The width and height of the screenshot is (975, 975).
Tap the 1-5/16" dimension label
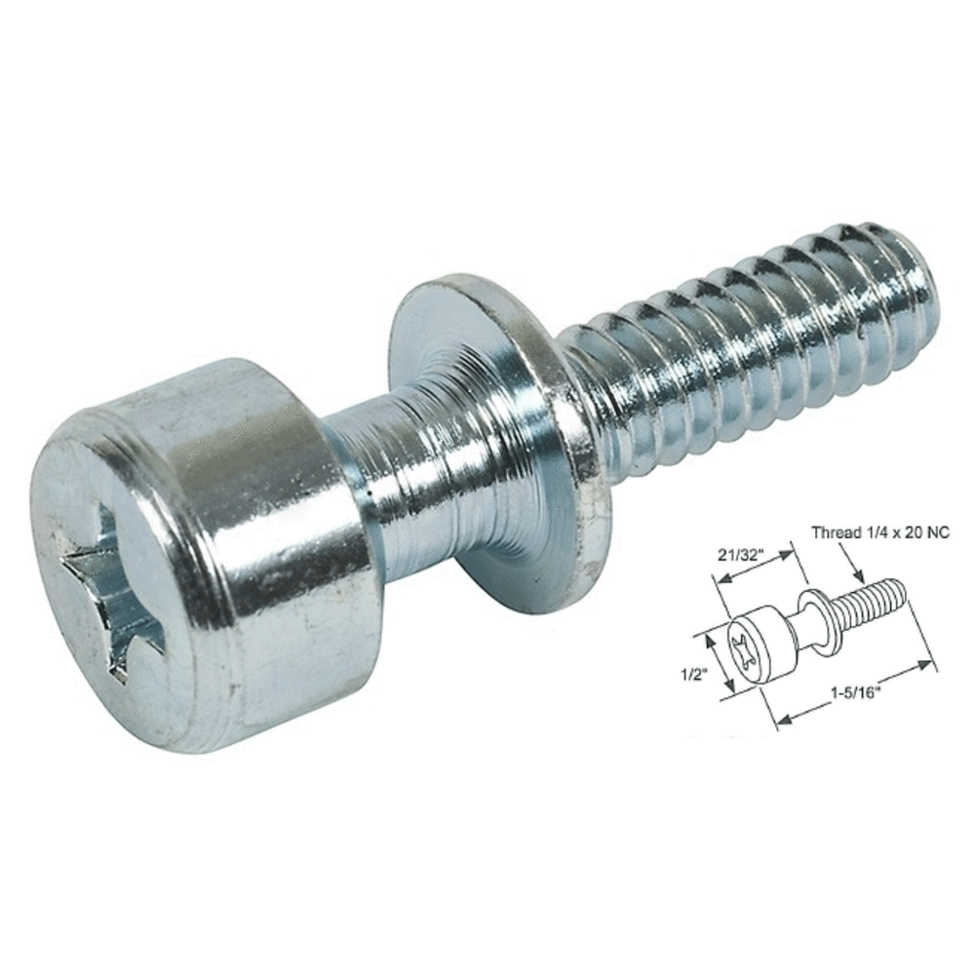(855, 694)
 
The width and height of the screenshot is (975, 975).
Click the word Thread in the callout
(835, 532)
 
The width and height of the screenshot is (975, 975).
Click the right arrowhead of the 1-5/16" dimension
(925, 665)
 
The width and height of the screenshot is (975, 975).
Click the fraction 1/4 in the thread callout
(874, 532)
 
